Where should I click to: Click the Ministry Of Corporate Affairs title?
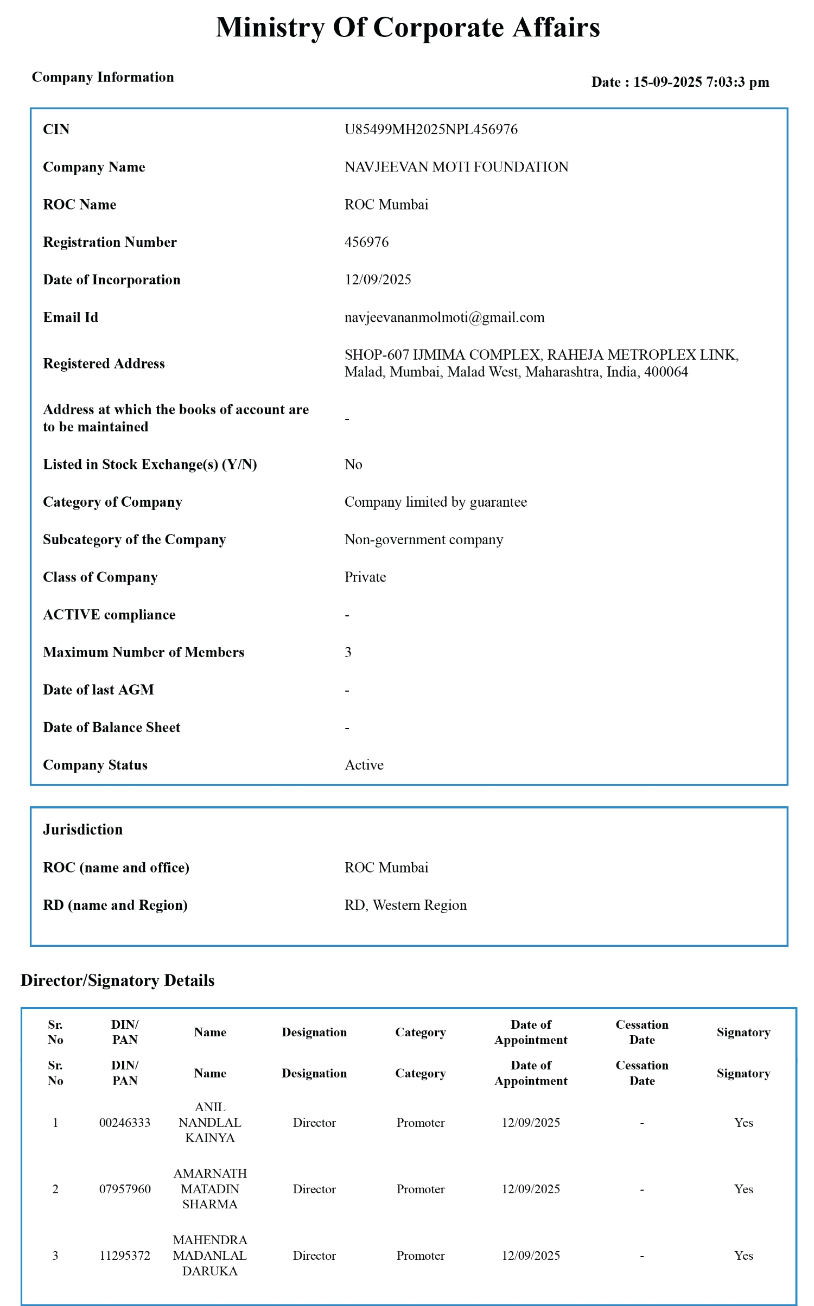click(408, 27)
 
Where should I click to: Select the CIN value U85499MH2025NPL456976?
click(431, 129)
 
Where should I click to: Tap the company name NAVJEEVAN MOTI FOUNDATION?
click(456, 167)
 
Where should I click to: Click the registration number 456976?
click(366, 242)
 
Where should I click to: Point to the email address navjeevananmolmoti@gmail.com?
click(444, 317)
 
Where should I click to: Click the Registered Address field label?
click(104, 364)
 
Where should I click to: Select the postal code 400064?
click(666, 372)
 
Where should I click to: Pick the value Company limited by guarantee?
click(436, 502)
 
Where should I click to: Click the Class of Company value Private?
click(365, 577)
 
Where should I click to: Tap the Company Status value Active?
click(364, 765)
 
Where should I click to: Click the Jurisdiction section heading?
click(83, 829)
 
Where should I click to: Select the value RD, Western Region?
click(405, 905)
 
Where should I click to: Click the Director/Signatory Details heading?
click(118, 980)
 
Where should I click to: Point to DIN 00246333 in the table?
click(125, 1123)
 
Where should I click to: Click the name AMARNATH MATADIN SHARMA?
click(210, 1189)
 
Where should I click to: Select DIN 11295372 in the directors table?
click(125, 1256)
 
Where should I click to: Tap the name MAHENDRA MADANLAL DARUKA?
click(210, 1256)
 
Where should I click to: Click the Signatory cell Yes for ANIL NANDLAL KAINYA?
click(743, 1123)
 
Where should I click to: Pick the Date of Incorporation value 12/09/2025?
click(378, 280)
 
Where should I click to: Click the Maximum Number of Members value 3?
click(348, 652)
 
